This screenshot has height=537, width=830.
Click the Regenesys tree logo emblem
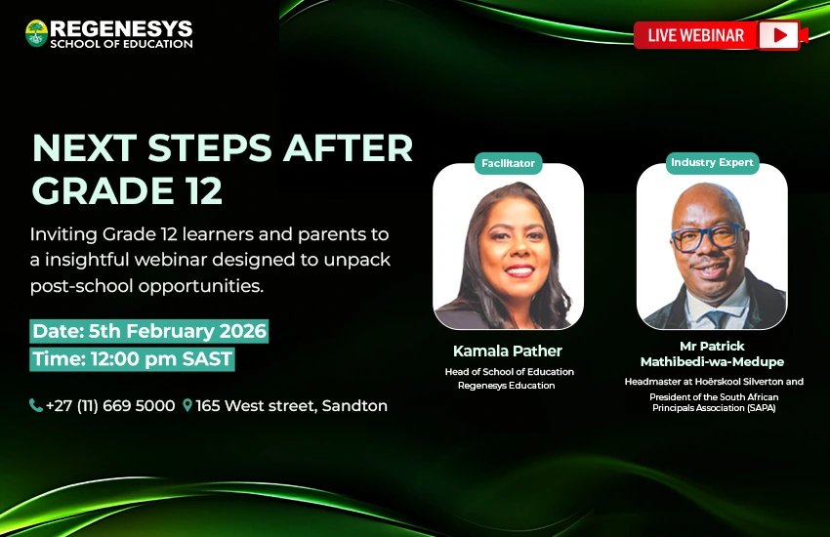tap(36, 33)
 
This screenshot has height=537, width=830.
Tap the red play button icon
tap(778, 35)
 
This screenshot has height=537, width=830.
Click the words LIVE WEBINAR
tap(696, 35)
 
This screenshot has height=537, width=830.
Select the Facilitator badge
tap(508, 163)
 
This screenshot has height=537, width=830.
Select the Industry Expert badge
tap(712, 162)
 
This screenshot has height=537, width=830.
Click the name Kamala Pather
tap(507, 351)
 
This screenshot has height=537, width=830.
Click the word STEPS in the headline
tap(210, 147)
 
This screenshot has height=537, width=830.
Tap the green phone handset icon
tap(35, 405)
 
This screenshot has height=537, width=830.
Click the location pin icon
tap(187, 405)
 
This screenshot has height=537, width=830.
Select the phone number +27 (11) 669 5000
tap(110, 406)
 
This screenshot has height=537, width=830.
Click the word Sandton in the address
tap(354, 406)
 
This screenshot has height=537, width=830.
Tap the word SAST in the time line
tap(207, 359)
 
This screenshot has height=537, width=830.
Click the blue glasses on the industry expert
tap(707, 237)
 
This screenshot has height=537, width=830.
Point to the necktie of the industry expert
tap(718, 319)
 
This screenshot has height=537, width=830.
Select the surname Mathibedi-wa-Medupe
tap(712, 362)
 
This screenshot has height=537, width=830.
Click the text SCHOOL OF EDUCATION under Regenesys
tap(121, 44)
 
